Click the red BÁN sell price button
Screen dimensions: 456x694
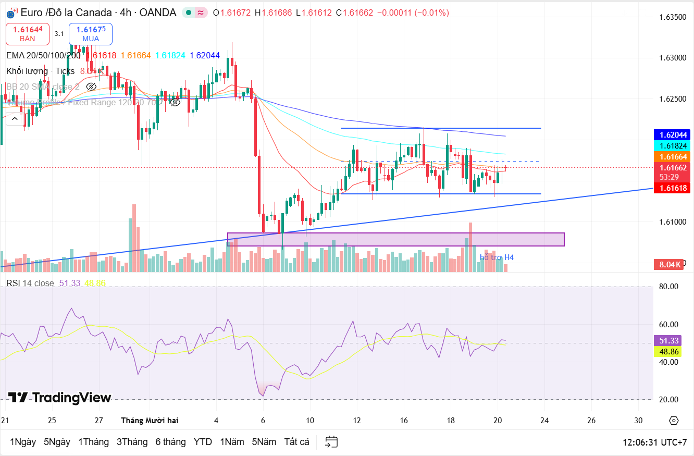coord(28,34)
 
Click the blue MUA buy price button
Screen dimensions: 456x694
coord(91,34)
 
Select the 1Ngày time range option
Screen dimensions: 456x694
coord(23,442)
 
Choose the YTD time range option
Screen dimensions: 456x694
coord(203,442)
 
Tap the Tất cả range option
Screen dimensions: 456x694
coord(296,442)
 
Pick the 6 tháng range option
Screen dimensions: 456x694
coord(170,442)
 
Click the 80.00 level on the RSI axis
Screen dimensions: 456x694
coord(668,287)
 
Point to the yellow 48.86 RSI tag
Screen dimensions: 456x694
coord(668,352)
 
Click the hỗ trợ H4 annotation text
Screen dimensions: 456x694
coord(497,257)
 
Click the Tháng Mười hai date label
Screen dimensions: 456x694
coord(149,420)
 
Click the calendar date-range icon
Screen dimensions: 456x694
coord(332,442)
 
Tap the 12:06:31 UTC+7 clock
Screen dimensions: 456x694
coord(654,442)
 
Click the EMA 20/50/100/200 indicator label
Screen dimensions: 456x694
coord(43,55)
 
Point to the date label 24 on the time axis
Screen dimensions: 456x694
coord(544,420)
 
